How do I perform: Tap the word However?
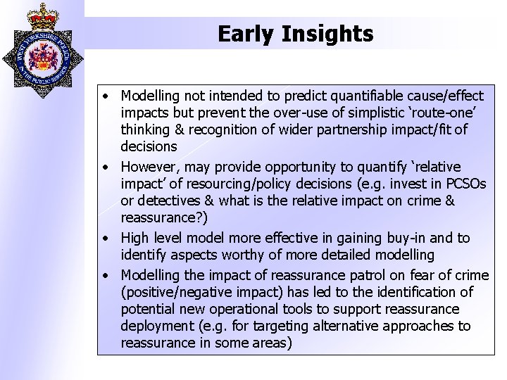[x=149, y=167]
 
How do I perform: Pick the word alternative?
[x=340, y=326]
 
